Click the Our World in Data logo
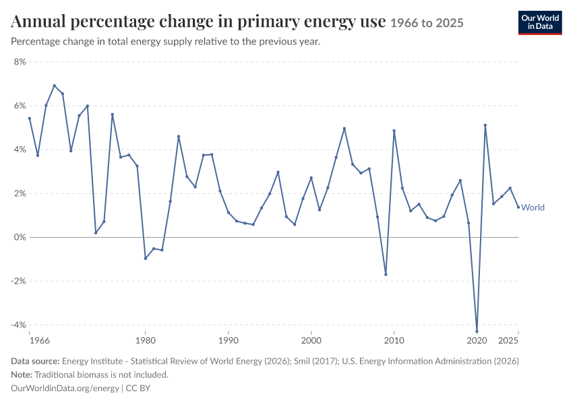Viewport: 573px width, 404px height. click(x=540, y=23)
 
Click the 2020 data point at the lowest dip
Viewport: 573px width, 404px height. click(x=477, y=331)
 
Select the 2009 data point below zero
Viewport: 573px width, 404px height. click(x=386, y=275)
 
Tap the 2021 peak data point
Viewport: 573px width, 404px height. click(x=485, y=125)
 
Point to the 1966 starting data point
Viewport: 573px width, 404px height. click(x=30, y=119)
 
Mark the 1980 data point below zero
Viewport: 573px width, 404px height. click(x=146, y=259)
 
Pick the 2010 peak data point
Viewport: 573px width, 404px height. click(x=394, y=131)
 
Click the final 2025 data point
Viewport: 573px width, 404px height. click(x=518, y=207)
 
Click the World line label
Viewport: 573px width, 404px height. click(x=533, y=207)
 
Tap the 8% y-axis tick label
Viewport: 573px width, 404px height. click(x=20, y=62)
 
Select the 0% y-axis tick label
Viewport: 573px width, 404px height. click(x=20, y=237)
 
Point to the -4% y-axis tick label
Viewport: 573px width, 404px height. click(x=19, y=325)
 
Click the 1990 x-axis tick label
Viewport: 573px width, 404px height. click(x=229, y=341)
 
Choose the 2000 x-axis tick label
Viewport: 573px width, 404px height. click(x=311, y=341)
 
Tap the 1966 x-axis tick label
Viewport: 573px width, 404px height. click(x=40, y=341)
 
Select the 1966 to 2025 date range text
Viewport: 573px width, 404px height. click(x=427, y=23)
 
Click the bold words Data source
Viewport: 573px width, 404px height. click(x=35, y=361)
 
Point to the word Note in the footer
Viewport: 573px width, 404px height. click(x=22, y=374)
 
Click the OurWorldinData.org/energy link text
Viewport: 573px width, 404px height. click(x=65, y=388)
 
